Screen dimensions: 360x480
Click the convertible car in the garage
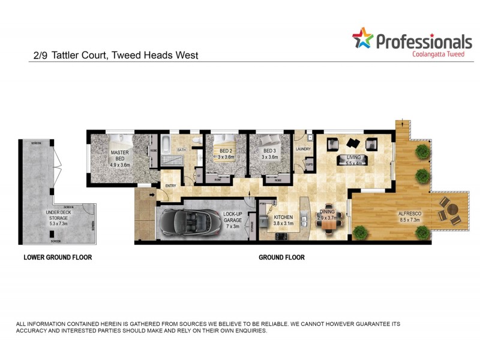click(185, 221)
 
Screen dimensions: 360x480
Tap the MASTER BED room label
click(119, 157)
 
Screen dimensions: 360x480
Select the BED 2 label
click(226, 153)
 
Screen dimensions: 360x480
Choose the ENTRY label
click(171, 185)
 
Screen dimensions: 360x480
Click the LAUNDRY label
click(303, 149)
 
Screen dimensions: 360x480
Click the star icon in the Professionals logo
click(362, 38)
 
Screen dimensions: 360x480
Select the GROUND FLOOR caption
click(281, 257)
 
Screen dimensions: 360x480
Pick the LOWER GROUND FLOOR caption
click(58, 257)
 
